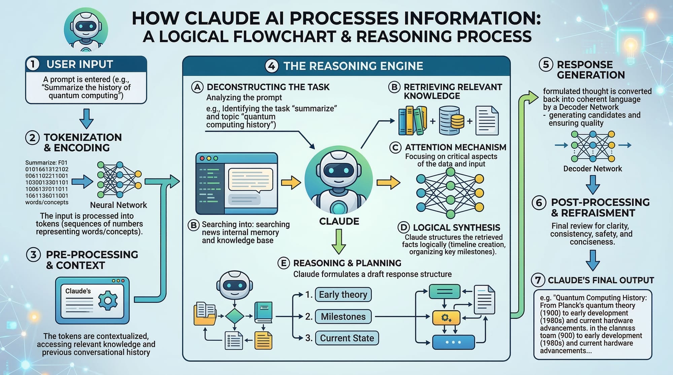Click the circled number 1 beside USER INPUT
tap(33, 64)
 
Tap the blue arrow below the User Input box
tap(86, 119)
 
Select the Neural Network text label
tap(118, 205)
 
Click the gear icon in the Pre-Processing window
tap(108, 300)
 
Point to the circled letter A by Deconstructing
tap(198, 87)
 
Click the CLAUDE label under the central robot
tap(339, 221)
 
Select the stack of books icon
tap(413, 121)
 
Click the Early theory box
tap(343, 295)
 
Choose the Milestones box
tap(343, 317)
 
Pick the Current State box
tap(347, 338)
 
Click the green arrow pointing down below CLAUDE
tap(339, 241)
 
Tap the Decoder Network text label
tap(593, 169)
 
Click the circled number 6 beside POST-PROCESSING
tap(539, 203)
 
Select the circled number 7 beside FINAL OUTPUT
tap(538, 280)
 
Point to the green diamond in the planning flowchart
tap(234, 316)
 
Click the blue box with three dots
tap(453, 342)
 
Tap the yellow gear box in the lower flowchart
tap(446, 318)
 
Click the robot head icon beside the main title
tap(86, 30)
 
